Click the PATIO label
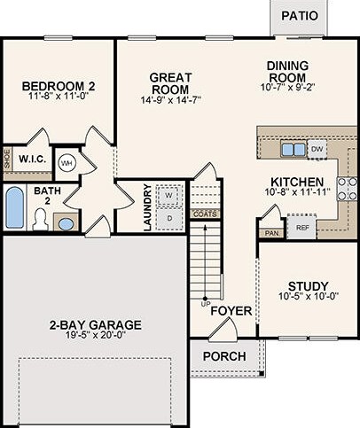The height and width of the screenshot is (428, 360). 300,16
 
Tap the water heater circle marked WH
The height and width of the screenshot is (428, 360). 67,163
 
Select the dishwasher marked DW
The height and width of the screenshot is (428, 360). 317,149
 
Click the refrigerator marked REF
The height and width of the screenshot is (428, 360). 302,228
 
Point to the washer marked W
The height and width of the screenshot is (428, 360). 168,195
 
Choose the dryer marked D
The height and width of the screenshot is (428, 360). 169,219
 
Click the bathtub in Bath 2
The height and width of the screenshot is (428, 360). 15,208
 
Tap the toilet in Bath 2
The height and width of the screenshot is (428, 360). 40,219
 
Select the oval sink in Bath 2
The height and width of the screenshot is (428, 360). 66,224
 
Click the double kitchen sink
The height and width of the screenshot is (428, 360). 293,150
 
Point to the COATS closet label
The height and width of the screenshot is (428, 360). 205,214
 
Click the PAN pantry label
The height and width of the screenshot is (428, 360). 271,233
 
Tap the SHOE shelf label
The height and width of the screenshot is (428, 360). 7,160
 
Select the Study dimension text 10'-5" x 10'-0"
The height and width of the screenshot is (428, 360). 309,296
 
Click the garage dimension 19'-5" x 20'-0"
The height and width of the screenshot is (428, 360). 95,335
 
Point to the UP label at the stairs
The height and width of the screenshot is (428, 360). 204,304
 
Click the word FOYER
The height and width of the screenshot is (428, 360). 231,311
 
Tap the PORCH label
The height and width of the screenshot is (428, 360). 224,356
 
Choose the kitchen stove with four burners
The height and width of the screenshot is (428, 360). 347,189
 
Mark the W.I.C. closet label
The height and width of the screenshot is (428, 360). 33,160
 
